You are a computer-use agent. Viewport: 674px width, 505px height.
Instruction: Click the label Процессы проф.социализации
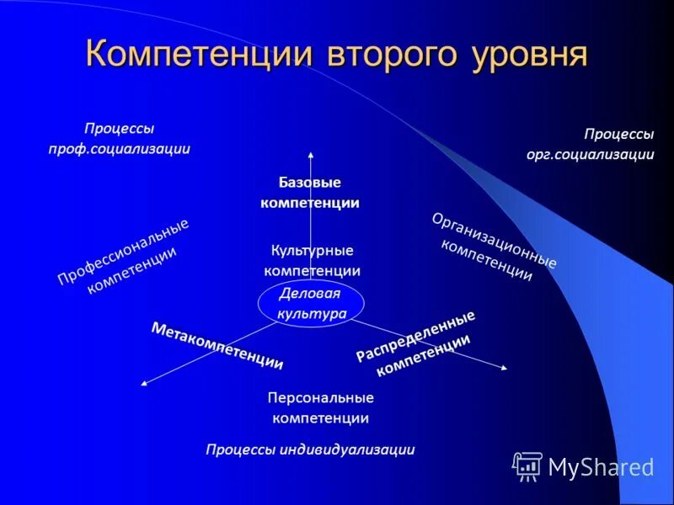pyautogui.click(x=119, y=139)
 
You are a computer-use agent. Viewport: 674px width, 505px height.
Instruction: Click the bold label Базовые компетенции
pyautogui.click(x=310, y=193)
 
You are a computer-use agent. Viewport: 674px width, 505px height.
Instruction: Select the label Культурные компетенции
pyautogui.click(x=312, y=261)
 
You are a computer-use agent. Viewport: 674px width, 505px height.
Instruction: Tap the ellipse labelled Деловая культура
pyautogui.click(x=311, y=303)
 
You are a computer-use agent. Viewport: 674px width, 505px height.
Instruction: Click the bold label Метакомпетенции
pyautogui.click(x=217, y=346)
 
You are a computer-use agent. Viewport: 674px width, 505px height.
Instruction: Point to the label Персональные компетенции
pyautogui.click(x=320, y=407)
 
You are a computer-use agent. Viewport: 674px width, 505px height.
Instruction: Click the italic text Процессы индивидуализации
pyautogui.click(x=310, y=449)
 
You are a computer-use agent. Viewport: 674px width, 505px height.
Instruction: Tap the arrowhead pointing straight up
pyautogui.click(x=311, y=153)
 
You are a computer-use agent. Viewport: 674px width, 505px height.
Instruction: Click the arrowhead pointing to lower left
pyautogui.click(x=143, y=384)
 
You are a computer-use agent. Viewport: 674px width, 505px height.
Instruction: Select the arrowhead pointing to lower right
pyautogui.click(x=504, y=367)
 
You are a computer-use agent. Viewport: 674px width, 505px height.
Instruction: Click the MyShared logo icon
pyautogui.click(x=528, y=465)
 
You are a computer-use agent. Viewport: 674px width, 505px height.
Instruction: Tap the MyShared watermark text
pyautogui.click(x=601, y=467)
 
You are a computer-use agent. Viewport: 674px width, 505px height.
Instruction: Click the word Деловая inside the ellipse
pyautogui.click(x=309, y=294)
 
